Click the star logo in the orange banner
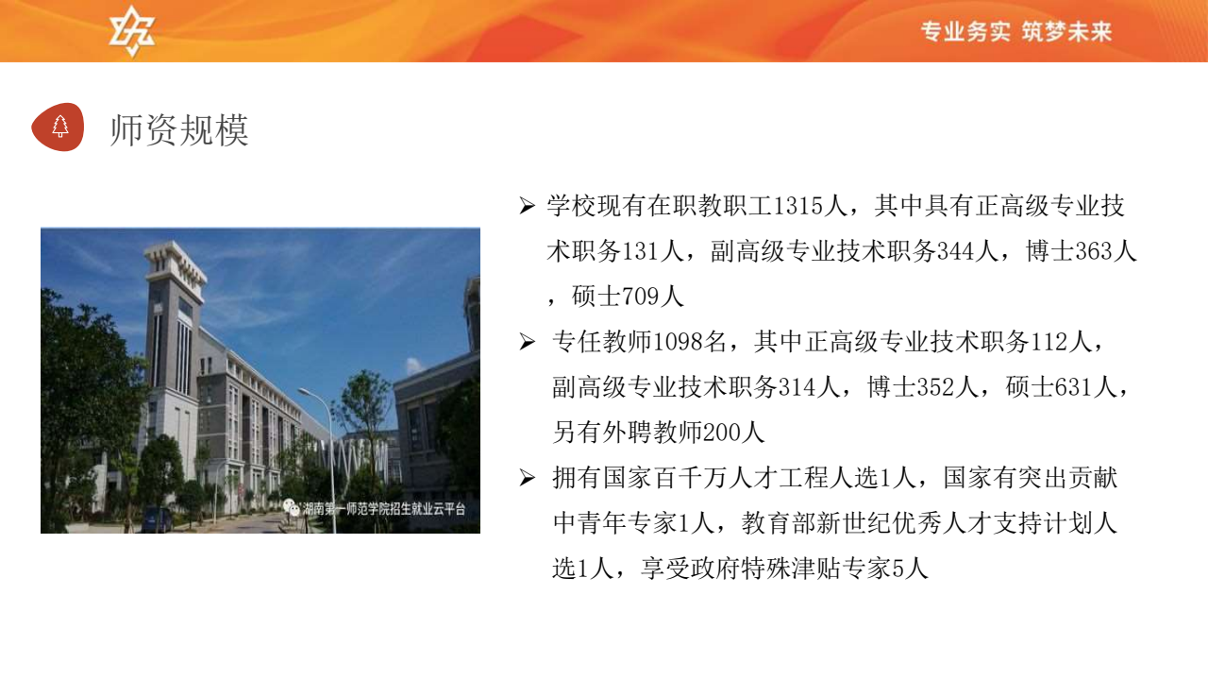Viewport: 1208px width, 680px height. point(131,31)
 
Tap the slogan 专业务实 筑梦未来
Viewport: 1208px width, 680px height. point(1016,31)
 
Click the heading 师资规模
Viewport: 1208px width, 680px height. point(179,130)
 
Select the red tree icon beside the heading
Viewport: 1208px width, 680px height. point(59,127)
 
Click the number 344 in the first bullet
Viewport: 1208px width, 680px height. point(956,251)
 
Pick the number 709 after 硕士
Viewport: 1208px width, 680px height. point(640,297)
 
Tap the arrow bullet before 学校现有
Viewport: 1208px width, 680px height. point(527,206)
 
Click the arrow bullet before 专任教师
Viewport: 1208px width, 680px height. point(527,342)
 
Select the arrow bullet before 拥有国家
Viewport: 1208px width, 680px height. point(527,478)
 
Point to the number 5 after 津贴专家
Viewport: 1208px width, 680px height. point(898,569)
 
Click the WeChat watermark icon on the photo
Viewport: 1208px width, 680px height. point(292,507)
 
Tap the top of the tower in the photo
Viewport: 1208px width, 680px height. point(174,252)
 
